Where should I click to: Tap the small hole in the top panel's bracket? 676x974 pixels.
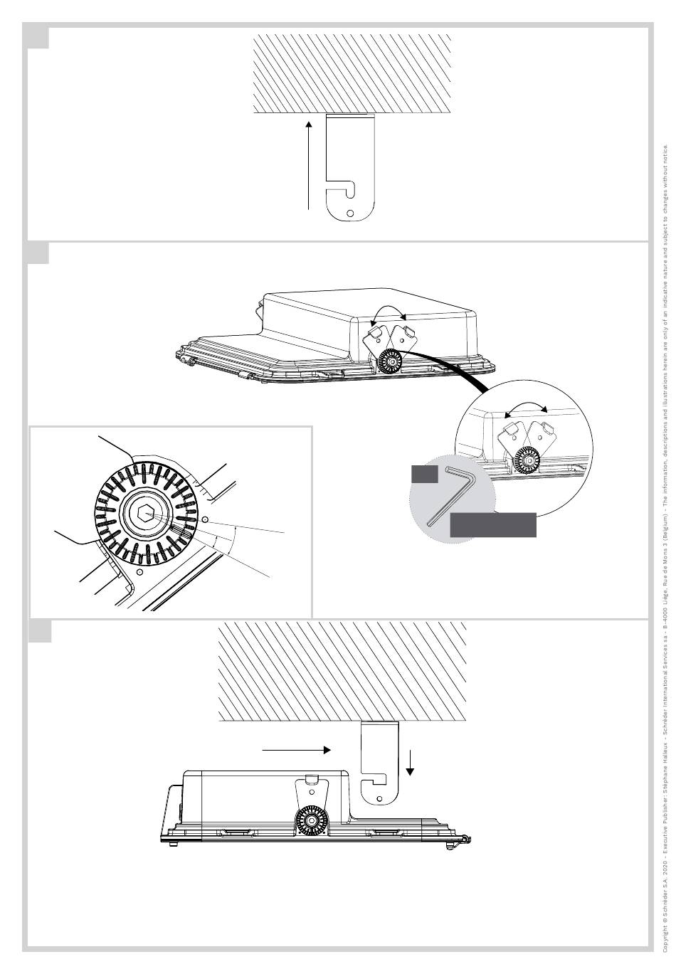(x=349, y=213)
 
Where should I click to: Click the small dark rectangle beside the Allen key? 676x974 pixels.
(x=425, y=474)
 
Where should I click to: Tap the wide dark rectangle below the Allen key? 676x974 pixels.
(x=493, y=524)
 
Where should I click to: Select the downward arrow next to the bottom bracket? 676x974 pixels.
(x=411, y=764)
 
